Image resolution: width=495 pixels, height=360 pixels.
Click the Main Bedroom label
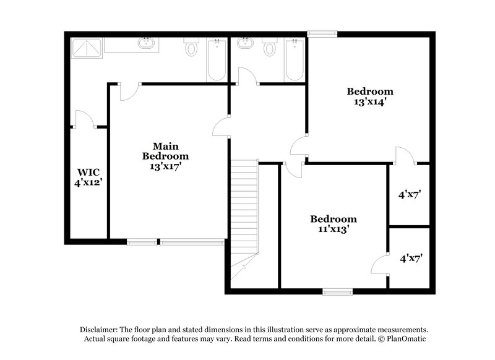pos(165,151)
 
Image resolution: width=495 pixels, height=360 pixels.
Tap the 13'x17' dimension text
pos(165,166)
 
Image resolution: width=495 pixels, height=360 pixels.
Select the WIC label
pos(88,172)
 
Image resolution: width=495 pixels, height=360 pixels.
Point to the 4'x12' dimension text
pos(88,182)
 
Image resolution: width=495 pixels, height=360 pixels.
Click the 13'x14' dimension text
pos(370,102)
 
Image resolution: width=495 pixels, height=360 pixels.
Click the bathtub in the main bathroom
pos(217,59)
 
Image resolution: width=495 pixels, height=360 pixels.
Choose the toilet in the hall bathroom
pos(270,46)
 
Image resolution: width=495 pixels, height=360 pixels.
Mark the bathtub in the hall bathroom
pos(294,59)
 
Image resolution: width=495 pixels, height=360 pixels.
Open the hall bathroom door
pos(247,78)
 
